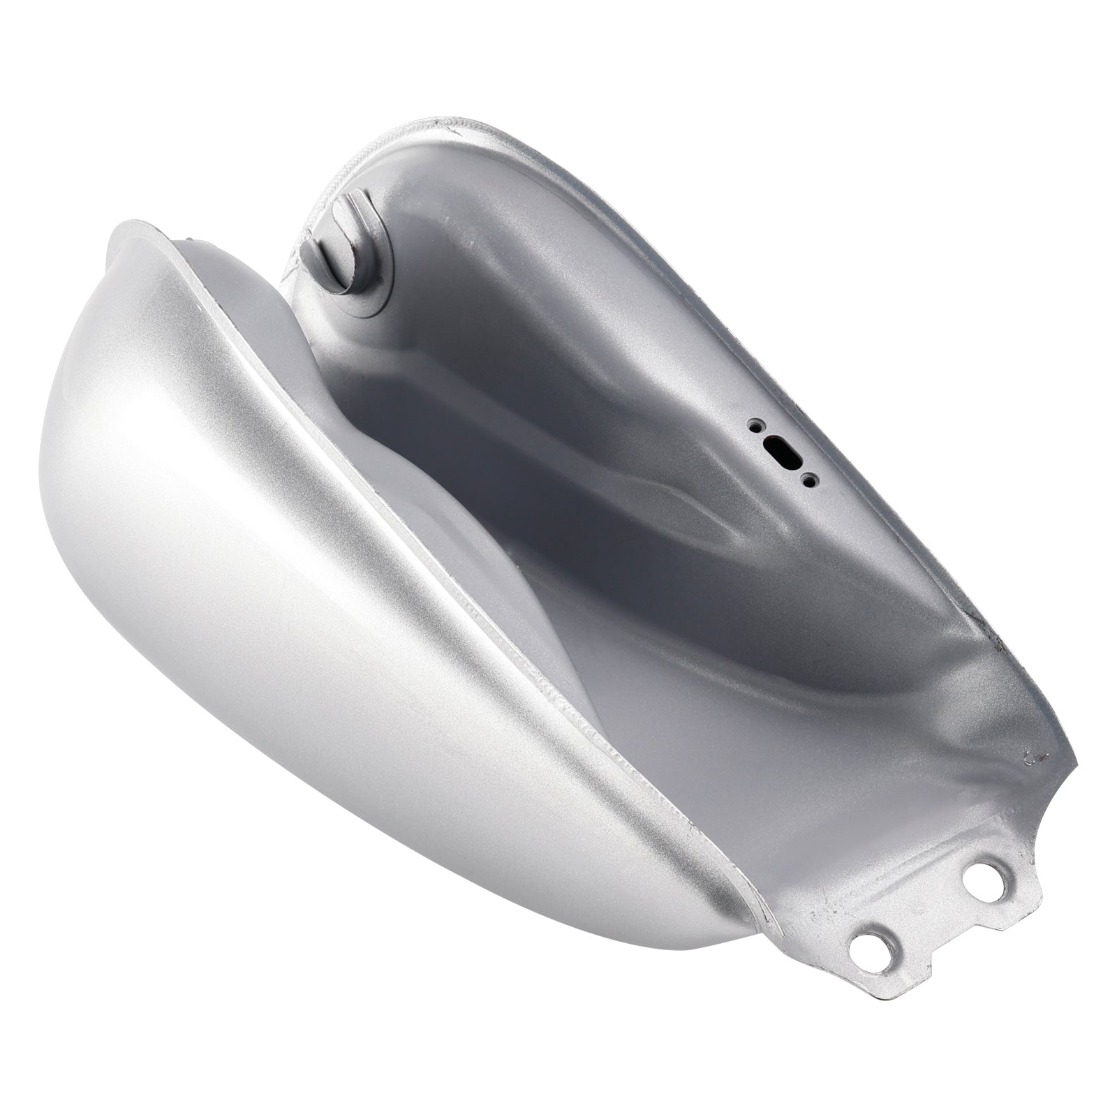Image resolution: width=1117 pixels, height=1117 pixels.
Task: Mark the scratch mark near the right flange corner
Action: coord(1028,754)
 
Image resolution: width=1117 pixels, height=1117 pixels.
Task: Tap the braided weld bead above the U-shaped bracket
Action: coord(363,161)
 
